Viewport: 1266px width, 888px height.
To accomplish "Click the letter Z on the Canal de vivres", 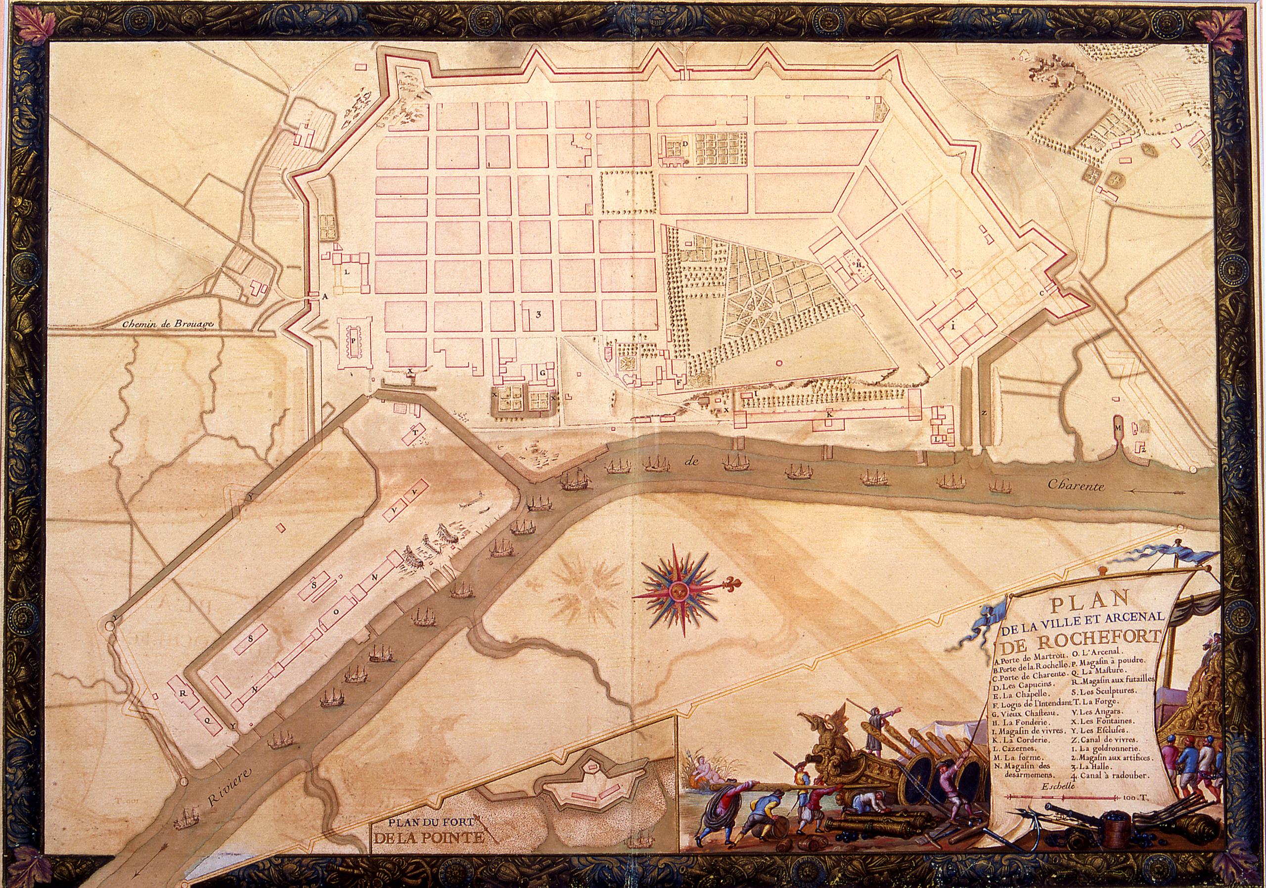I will click(x=983, y=413).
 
